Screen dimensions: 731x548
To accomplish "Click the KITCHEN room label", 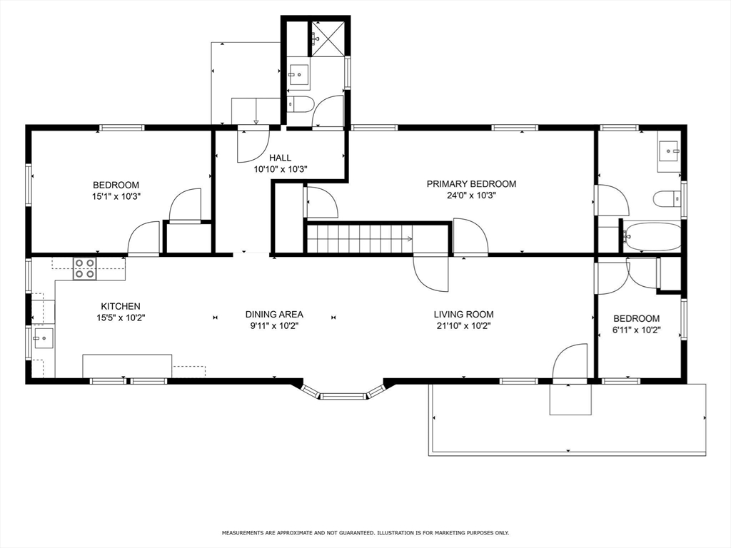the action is pos(120,306).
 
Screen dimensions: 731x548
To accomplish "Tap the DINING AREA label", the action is pos(274,314).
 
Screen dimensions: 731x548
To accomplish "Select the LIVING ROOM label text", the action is pos(463,314).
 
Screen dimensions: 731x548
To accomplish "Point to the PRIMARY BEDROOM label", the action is pos(471,183).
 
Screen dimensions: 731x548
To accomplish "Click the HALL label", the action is pos(280,158).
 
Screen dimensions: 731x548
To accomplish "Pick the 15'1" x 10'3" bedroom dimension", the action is pos(116,197).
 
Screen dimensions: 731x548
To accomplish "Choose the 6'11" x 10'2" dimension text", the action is pos(636,330).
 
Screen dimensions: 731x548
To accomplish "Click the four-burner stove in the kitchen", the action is pos(85,269).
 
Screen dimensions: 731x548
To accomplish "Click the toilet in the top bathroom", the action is pos(300,104).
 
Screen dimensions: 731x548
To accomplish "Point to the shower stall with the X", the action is pos(328,39).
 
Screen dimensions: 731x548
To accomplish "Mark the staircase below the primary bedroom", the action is pos(360,239).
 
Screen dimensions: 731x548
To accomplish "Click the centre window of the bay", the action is pos(343,397).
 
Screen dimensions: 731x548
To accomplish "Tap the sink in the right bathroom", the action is pos(670,151).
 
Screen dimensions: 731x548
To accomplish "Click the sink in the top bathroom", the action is pos(298,74).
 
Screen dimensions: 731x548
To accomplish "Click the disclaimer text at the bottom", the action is pos(365,532).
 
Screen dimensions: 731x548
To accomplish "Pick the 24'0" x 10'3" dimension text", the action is pos(471,196).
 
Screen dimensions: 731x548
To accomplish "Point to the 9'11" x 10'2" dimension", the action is pos(274,326).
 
